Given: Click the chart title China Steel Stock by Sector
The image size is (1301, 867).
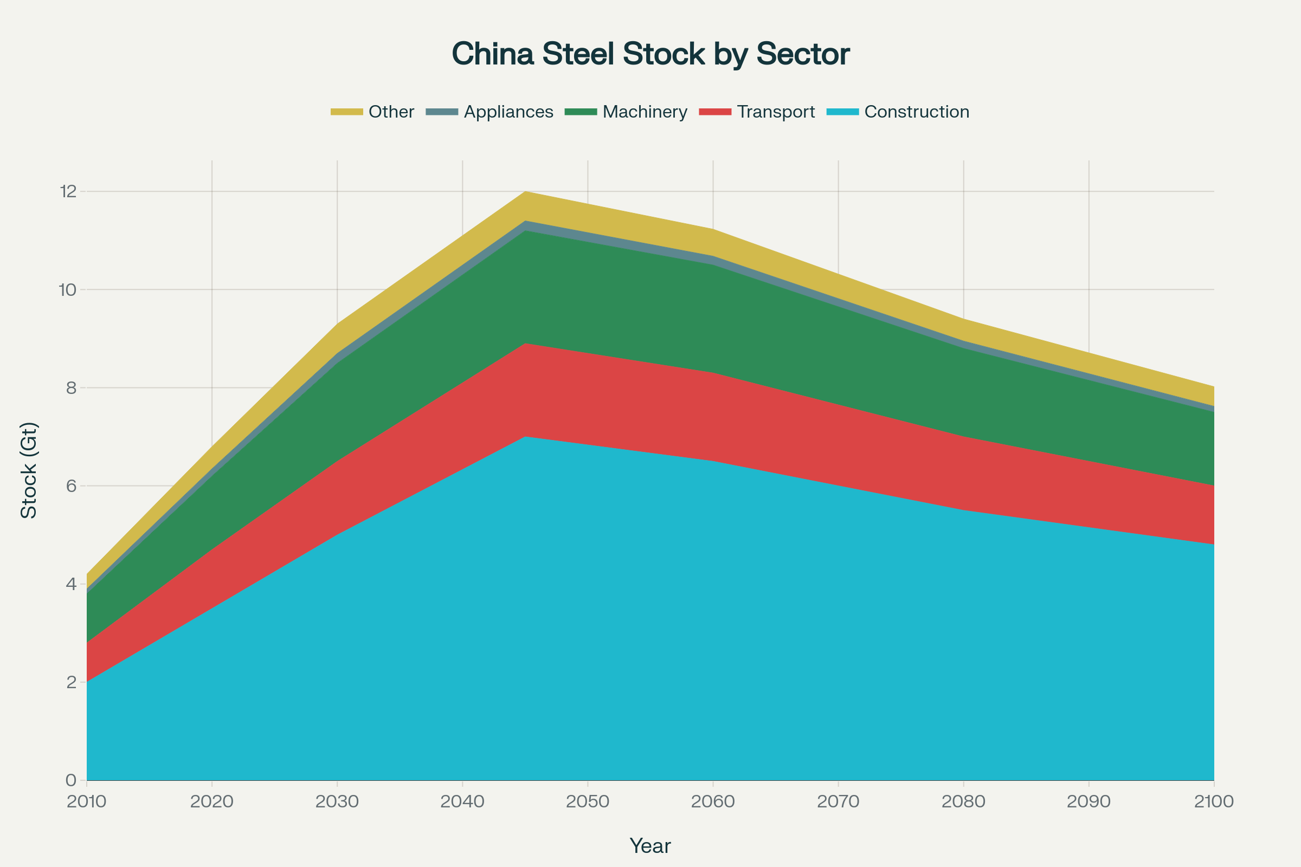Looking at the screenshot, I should click(x=650, y=54).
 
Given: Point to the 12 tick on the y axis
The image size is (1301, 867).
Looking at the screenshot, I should click(x=68, y=192).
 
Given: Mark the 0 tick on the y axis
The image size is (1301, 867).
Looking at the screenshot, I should click(x=72, y=780).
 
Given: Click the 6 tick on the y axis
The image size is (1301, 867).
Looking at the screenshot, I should click(x=72, y=486).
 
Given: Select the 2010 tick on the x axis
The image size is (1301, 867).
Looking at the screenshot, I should click(x=86, y=801).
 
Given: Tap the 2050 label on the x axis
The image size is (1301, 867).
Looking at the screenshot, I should click(x=588, y=801).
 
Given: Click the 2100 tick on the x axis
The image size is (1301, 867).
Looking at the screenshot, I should click(x=1214, y=801).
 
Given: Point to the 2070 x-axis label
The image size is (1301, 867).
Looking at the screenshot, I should click(x=838, y=801).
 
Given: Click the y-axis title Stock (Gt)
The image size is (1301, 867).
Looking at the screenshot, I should click(x=28, y=470).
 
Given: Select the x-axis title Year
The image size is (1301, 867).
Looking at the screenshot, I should click(x=650, y=846).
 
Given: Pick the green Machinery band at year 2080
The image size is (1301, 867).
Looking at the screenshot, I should click(x=964, y=392).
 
